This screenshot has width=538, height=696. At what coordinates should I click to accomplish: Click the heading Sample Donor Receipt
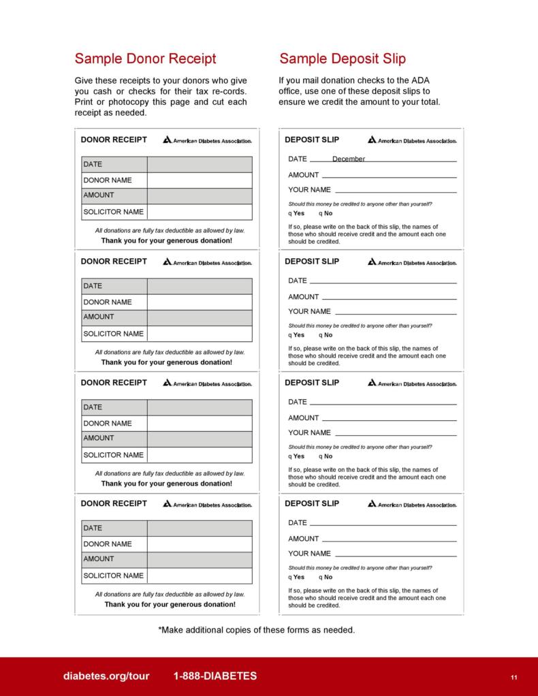click(145, 59)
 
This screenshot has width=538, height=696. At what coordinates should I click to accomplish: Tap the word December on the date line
click(349, 159)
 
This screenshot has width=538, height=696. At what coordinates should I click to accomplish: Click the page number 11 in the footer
click(513, 677)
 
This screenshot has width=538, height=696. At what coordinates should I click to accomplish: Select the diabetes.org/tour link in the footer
click(106, 676)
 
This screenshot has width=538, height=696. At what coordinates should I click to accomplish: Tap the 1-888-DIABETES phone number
click(215, 676)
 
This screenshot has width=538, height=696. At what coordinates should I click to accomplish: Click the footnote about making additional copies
click(256, 630)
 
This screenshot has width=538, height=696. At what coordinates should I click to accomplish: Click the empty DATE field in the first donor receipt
click(199, 164)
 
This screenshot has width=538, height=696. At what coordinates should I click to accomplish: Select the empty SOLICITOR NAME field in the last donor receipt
click(199, 575)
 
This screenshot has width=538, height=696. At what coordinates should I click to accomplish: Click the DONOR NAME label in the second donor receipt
click(108, 302)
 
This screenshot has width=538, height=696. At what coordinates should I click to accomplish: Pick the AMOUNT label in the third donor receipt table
click(99, 438)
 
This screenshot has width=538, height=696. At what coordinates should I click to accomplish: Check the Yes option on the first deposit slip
click(296, 213)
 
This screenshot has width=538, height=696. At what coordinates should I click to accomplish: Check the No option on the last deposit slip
click(326, 577)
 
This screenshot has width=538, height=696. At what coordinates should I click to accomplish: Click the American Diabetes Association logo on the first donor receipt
click(207, 140)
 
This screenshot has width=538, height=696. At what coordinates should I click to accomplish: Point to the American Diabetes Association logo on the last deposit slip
click(412, 505)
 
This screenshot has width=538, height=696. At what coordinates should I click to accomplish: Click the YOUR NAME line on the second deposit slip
click(395, 312)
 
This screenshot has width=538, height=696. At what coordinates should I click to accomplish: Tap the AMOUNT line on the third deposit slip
click(388, 418)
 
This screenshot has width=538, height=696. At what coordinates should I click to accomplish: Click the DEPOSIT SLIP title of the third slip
click(311, 383)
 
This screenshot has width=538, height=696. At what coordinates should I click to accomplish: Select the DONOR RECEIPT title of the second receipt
click(114, 262)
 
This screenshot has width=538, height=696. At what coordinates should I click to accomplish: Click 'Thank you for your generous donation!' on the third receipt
click(166, 484)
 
